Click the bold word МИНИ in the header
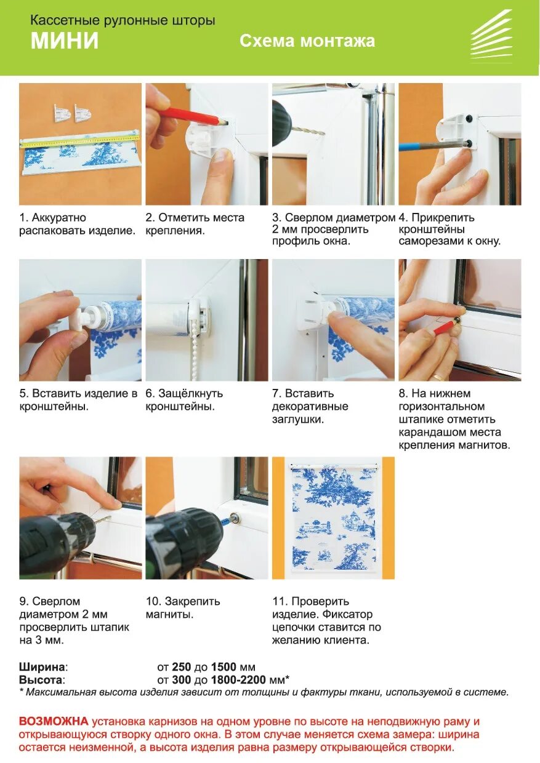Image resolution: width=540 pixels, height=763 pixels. [x=65, y=41]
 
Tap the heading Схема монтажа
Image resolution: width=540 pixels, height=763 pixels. [x=307, y=41]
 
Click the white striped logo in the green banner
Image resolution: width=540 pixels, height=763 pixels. [x=491, y=36]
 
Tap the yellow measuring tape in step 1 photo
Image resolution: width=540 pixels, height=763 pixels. [x=81, y=140]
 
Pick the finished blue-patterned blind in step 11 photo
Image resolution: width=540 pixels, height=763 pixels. [x=333, y=517]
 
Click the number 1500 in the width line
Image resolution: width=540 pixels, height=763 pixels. [x=224, y=667]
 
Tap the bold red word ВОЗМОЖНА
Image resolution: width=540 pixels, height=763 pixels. [x=54, y=721]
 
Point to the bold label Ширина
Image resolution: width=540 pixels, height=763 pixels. [x=42, y=667]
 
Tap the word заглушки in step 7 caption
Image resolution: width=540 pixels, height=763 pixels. [x=298, y=420]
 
